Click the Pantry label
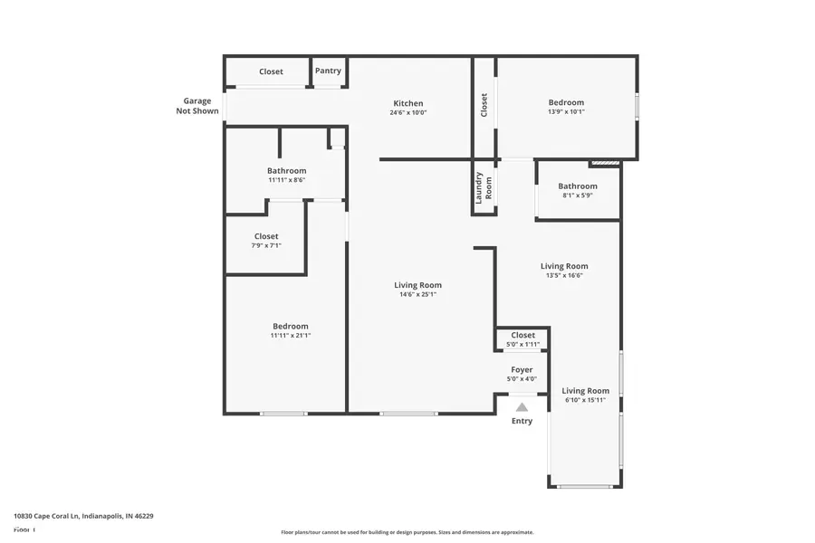(x=328, y=71)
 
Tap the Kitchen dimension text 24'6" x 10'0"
(x=407, y=113)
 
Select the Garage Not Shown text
(x=197, y=106)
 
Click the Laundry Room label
(x=484, y=186)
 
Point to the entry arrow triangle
(x=522, y=407)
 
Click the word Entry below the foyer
(x=522, y=421)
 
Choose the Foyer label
(x=522, y=369)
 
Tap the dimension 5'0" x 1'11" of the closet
(x=523, y=345)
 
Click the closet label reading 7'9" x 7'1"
(x=266, y=245)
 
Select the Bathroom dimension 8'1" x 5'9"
(x=577, y=195)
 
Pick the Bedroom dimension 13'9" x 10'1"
(x=566, y=112)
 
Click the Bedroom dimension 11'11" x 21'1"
(x=291, y=336)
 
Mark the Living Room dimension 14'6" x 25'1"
(x=417, y=294)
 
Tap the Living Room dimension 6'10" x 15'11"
(x=585, y=400)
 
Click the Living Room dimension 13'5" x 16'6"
(x=564, y=275)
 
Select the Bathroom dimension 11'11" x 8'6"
(x=286, y=180)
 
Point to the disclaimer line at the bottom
(x=407, y=532)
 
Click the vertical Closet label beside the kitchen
(x=484, y=105)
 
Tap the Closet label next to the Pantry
(x=271, y=71)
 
